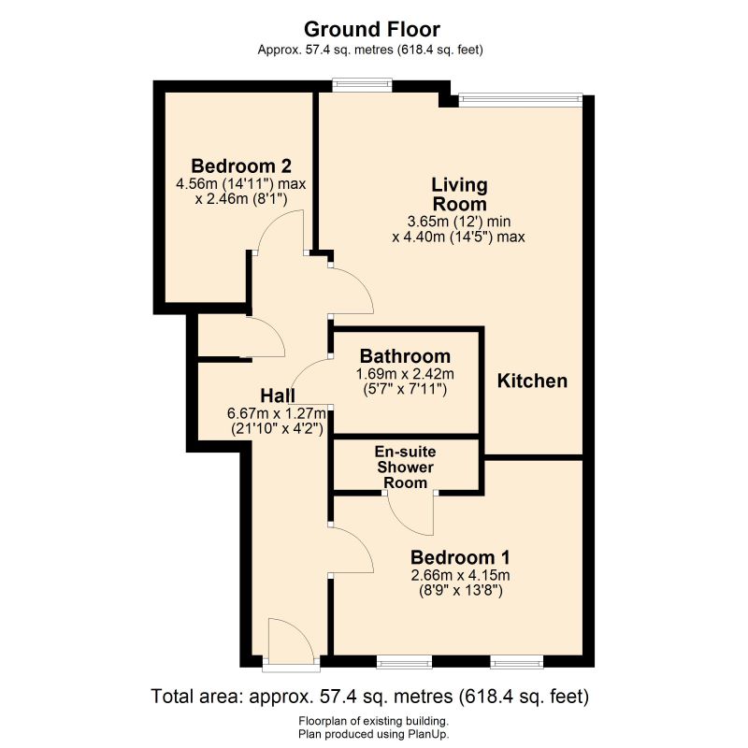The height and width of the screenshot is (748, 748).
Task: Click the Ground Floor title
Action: point(371,30)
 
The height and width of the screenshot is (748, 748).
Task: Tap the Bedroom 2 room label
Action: point(241,166)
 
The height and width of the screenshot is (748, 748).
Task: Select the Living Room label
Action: point(459,194)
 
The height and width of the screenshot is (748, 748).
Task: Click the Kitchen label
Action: point(532,381)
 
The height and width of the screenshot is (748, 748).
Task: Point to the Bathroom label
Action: point(405,356)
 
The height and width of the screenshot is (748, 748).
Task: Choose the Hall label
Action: point(278,396)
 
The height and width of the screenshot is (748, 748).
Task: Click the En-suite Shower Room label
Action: point(405,467)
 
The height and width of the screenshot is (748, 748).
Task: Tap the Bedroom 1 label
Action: point(460,557)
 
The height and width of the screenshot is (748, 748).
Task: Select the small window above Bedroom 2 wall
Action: point(362,85)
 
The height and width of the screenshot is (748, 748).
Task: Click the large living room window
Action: point(520,99)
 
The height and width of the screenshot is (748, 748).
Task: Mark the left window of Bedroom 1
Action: point(404,662)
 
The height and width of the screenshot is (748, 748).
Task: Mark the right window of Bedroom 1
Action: point(517,662)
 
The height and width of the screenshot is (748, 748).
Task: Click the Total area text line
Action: point(369,697)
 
